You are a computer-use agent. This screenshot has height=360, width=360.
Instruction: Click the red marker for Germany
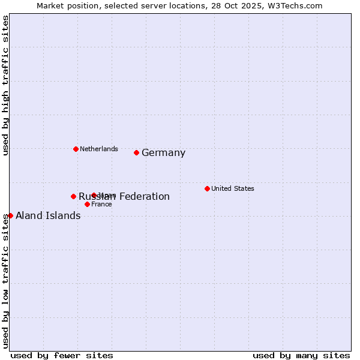[x=136, y=152]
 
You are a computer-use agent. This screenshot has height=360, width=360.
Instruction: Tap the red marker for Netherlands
[x=76, y=149]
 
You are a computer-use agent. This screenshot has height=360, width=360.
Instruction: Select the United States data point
[x=207, y=188]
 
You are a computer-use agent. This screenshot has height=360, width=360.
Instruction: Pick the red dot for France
[x=87, y=204]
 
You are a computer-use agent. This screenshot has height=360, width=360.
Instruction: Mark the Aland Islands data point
[x=10, y=215]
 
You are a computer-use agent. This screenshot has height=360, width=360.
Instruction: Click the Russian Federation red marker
[x=73, y=196]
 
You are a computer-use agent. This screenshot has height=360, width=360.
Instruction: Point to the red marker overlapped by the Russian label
[x=94, y=195]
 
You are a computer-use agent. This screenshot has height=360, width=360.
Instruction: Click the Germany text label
[x=163, y=153]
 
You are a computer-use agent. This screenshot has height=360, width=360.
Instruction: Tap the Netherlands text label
[x=99, y=149]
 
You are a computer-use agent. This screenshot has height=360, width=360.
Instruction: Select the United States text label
[x=233, y=188]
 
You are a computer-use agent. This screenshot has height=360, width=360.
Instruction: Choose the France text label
[x=101, y=204]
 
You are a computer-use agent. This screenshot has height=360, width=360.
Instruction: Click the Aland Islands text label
[x=48, y=216]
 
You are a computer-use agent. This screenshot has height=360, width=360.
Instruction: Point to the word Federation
[x=143, y=197]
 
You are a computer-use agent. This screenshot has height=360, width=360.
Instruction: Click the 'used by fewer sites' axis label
[x=62, y=355]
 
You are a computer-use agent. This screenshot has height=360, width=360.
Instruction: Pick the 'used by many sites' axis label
[x=301, y=355]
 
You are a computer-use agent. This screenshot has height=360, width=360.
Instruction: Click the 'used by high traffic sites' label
[x=6, y=85]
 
